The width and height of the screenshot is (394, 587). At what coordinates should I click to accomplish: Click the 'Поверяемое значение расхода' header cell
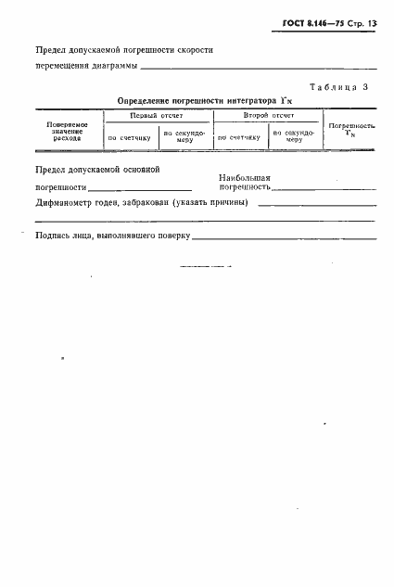pyautogui.click(x=67, y=131)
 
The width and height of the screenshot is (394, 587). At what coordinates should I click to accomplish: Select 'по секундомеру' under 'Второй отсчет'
pyautogui.click(x=294, y=136)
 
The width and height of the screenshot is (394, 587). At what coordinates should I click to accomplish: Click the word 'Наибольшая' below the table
pyautogui.click(x=245, y=177)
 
